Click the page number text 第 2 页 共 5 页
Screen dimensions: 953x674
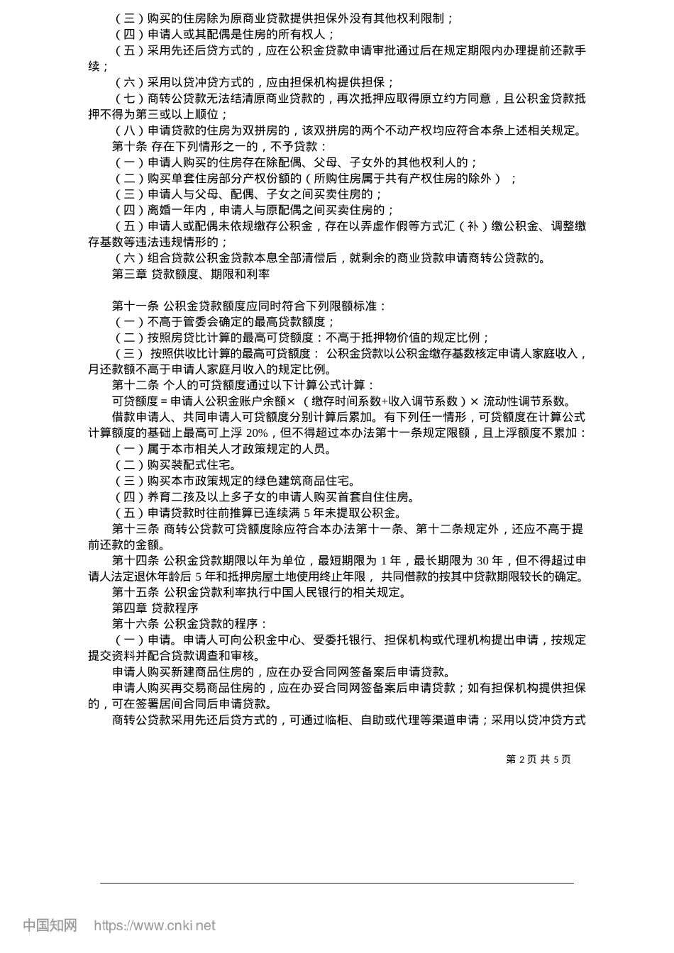pos(538,759)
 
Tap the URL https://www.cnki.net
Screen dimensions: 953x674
pos(155,925)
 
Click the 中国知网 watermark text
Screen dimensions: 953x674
pos(50,925)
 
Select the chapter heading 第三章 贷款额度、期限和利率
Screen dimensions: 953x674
pos(191,274)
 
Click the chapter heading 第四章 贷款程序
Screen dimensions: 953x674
pos(155,608)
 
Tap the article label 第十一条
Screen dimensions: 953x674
pos(136,306)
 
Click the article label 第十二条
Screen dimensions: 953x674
pos(136,385)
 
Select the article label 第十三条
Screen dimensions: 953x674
pos(136,529)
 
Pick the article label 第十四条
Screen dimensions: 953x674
pos(136,561)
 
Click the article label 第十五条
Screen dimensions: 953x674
pos(136,593)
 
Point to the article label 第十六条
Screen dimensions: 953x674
pos(136,624)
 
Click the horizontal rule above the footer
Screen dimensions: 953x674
pos(337,883)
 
